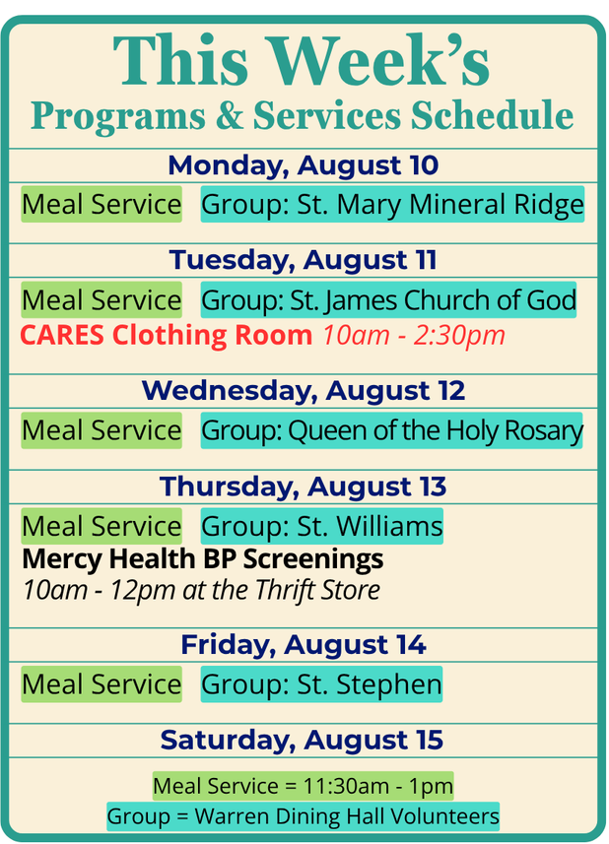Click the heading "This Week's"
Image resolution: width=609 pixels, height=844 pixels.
[301, 60]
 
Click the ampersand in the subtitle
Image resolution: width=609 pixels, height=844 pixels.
[229, 115]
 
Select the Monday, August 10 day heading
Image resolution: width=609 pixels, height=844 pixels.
[304, 165]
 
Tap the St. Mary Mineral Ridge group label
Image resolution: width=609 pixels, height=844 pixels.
[392, 205]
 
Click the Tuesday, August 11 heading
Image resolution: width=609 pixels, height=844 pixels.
[304, 260]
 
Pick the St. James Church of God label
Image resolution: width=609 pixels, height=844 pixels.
[388, 299]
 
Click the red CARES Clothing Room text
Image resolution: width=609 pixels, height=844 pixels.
[167, 336]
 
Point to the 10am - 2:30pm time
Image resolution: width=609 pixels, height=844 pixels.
[414, 336]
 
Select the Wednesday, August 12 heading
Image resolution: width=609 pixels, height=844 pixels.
[304, 390]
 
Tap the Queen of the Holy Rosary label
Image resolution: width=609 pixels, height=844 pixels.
[391, 430]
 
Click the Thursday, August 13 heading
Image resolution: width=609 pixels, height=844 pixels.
[304, 487]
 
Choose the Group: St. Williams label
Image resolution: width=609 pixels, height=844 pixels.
[322, 526]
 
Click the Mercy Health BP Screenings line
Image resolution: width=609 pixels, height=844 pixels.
[203, 558]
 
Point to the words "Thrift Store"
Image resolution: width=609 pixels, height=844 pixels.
[317, 590]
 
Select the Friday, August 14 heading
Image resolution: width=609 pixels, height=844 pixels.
[304, 645]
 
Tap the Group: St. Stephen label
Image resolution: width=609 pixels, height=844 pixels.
[321, 684]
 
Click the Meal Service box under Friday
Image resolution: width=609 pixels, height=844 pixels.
[101, 684]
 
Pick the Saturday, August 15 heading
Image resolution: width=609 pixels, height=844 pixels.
[302, 740]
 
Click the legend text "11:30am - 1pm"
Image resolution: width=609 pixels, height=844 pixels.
[378, 787]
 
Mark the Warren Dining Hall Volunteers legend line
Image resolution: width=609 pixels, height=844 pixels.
[304, 816]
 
